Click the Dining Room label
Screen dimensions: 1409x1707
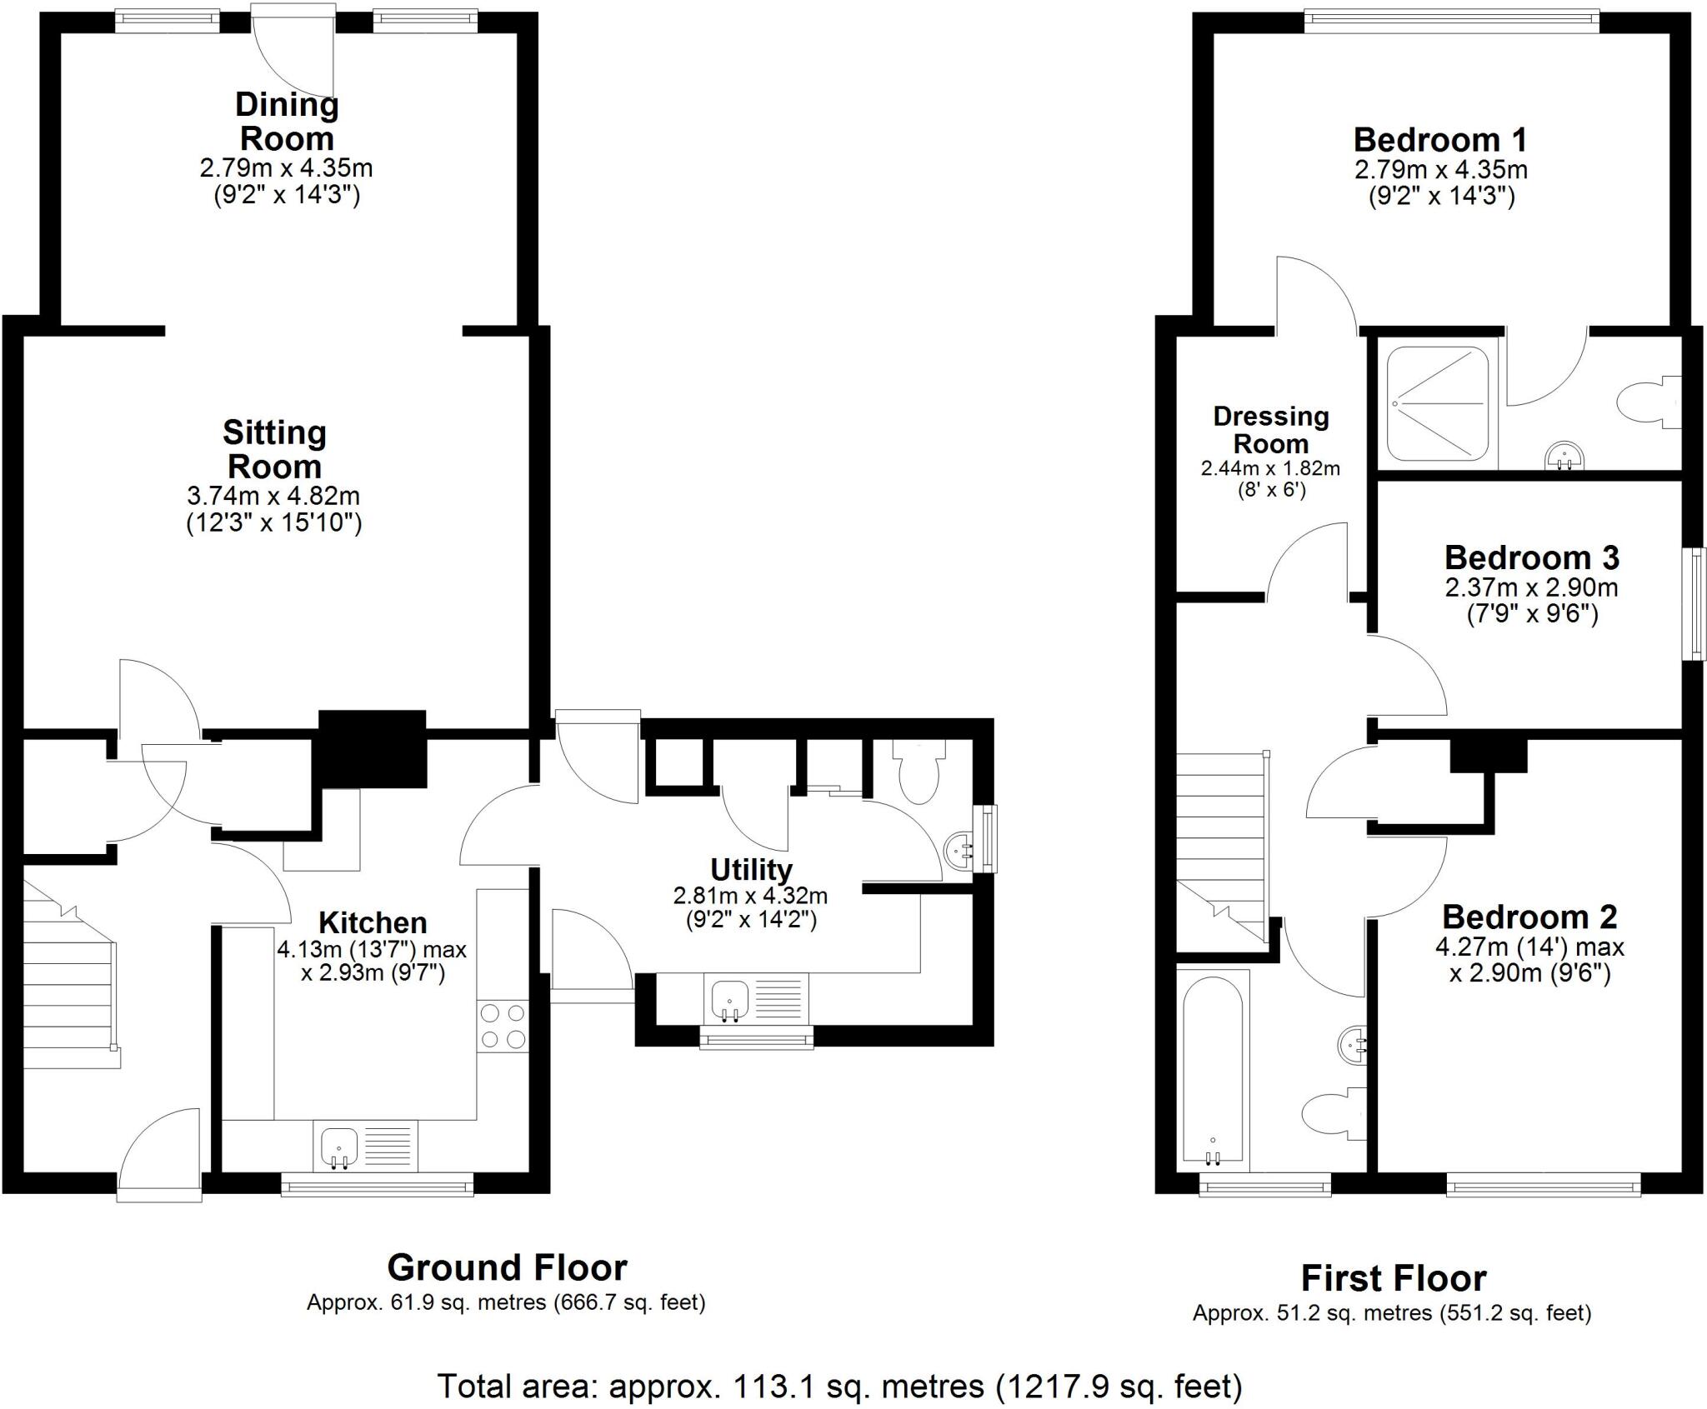(x=286, y=122)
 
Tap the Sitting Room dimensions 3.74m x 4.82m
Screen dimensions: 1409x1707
(x=273, y=496)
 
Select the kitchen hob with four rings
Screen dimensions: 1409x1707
(x=503, y=1026)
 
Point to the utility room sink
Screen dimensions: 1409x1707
(x=730, y=999)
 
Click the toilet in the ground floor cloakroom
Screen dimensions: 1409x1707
(x=919, y=772)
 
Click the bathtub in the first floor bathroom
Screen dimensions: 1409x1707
(x=1213, y=1071)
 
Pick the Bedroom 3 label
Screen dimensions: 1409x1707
(x=1531, y=557)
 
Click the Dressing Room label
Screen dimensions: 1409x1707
(x=1270, y=429)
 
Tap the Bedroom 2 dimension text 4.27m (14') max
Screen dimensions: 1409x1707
(x=1529, y=947)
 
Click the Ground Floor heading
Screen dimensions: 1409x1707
(x=507, y=1267)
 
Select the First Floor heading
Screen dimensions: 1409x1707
(x=1393, y=1278)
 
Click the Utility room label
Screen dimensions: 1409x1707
(x=750, y=870)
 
